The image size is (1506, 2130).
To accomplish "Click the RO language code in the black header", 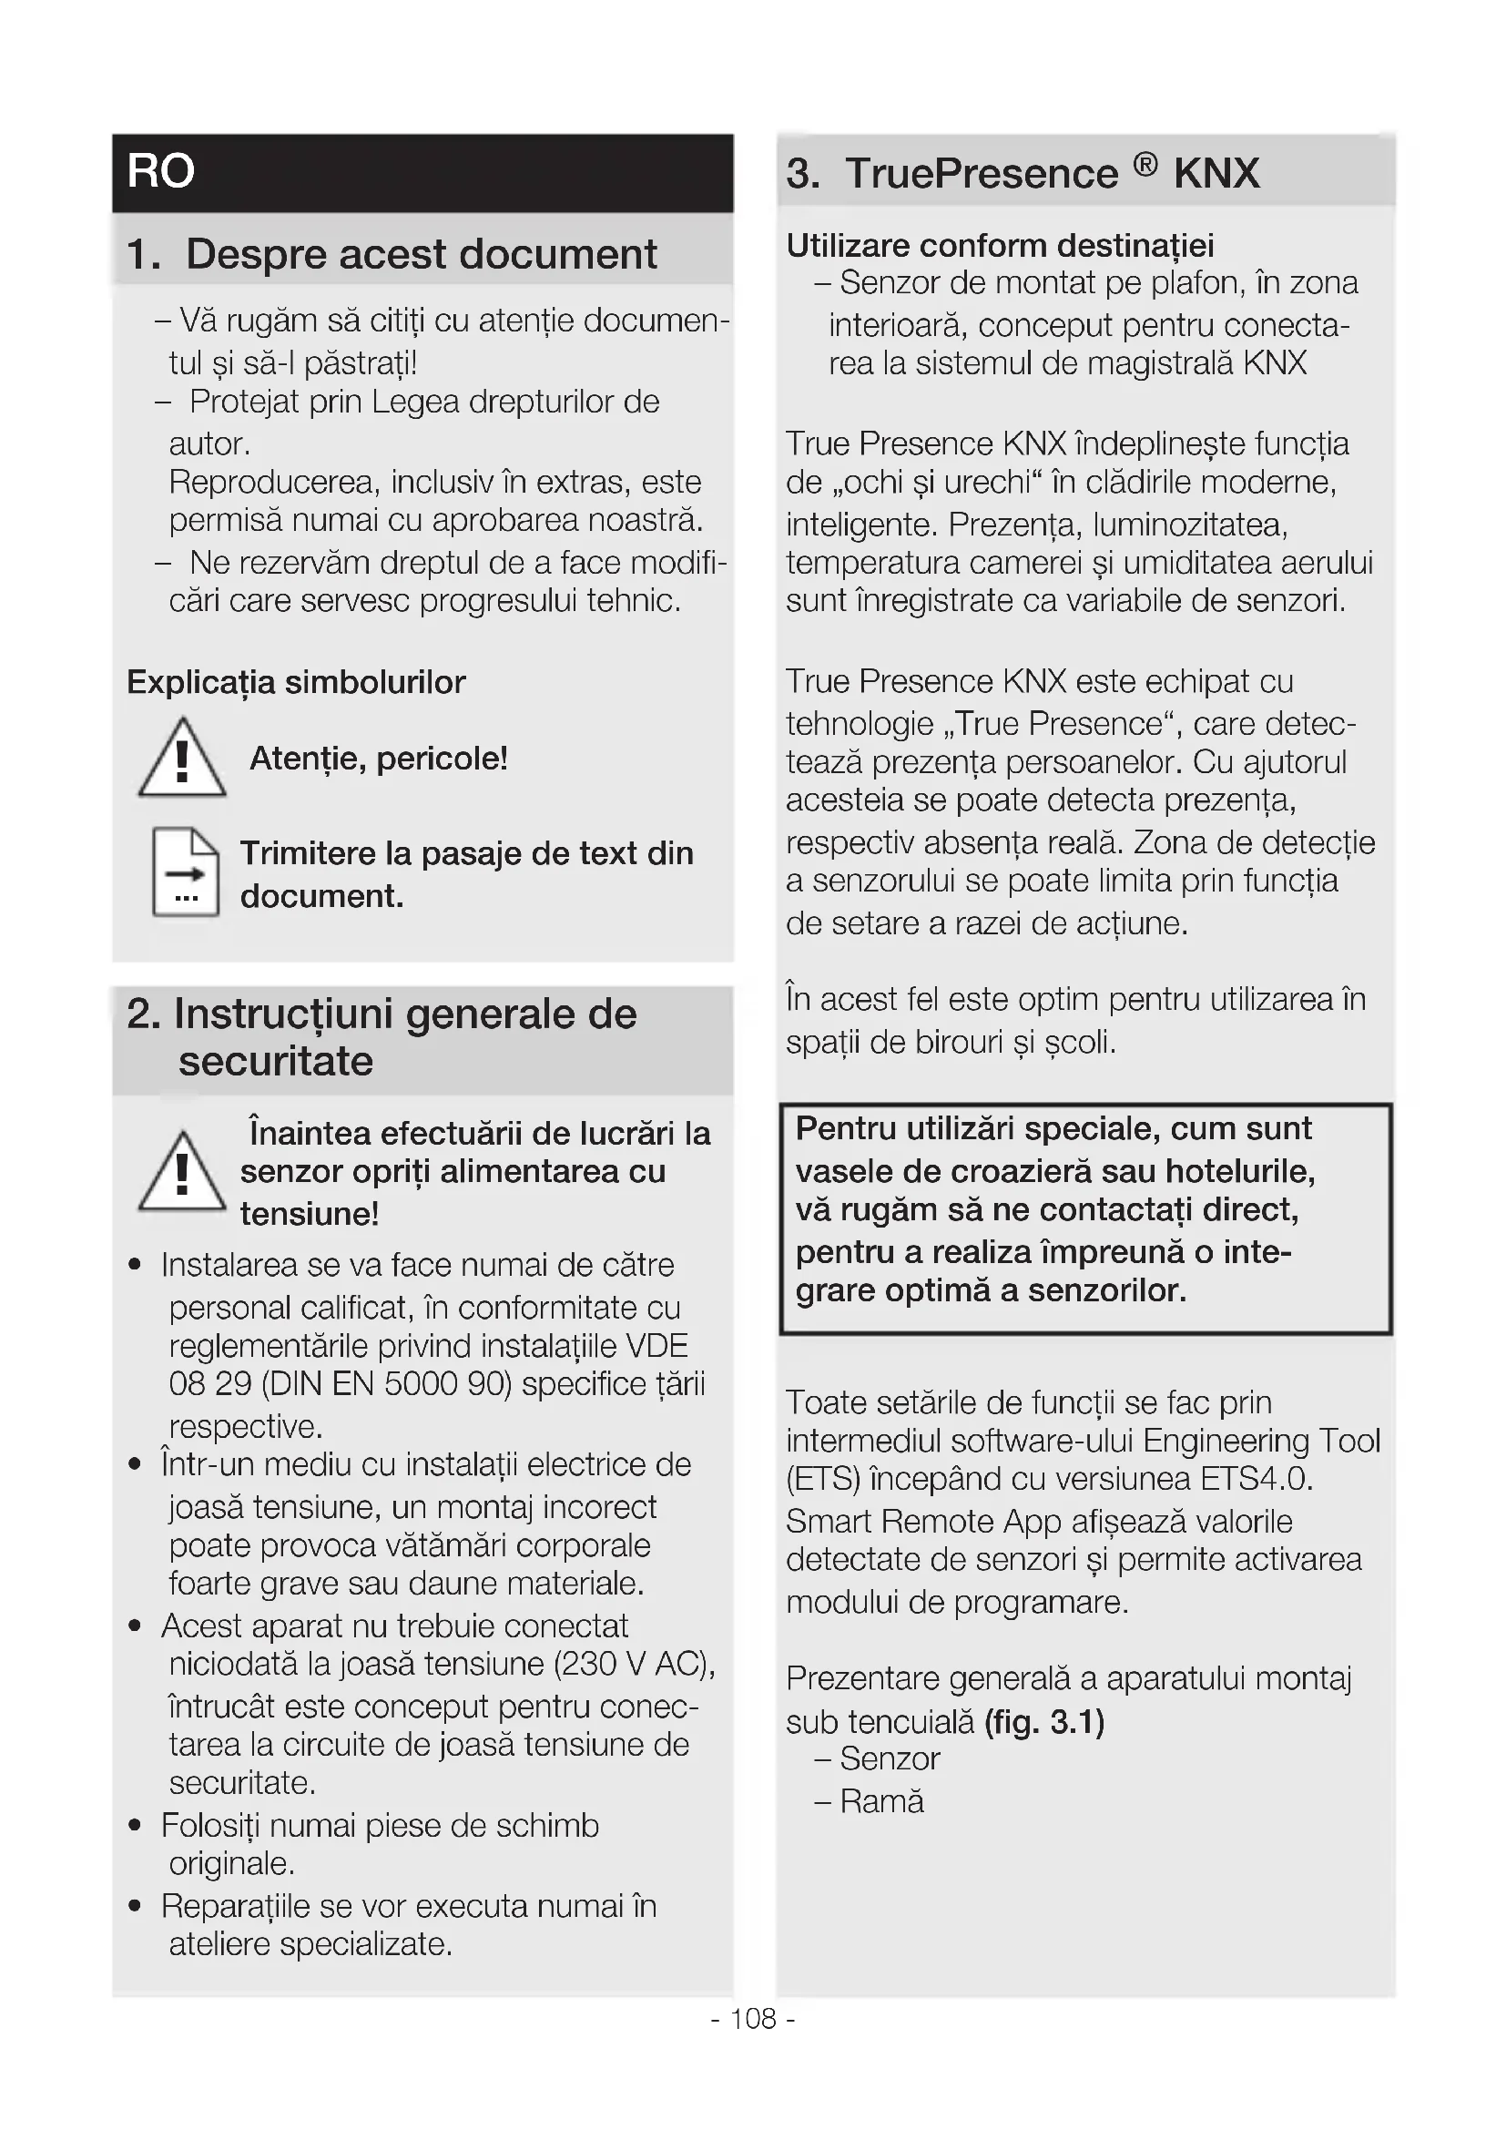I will tap(160, 171).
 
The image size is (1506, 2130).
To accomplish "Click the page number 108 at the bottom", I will tap(753, 2019).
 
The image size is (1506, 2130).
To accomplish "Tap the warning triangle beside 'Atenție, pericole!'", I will tap(182, 759).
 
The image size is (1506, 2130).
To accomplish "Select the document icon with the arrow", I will tap(186, 871).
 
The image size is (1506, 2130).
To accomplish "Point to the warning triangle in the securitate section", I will tap(182, 1173).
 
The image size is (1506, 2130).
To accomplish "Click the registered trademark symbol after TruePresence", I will tap(1145, 165).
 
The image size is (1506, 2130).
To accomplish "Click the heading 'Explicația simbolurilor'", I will tap(296, 683).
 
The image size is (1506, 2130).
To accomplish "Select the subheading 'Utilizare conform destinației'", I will tap(1000, 246).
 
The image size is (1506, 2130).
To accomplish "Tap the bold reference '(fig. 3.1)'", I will tap(1044, 1722).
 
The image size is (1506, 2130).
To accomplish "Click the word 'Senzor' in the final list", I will tap(890, 1759).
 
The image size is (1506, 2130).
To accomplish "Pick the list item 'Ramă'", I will tap(881, 1801).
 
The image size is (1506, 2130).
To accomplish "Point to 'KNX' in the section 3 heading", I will tap(1216, 174).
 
